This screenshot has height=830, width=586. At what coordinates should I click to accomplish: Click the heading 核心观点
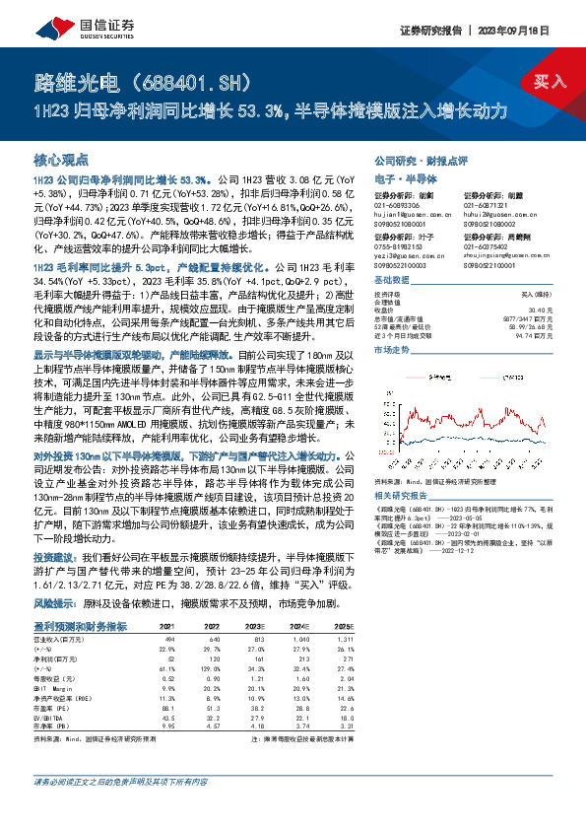[62, 159]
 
